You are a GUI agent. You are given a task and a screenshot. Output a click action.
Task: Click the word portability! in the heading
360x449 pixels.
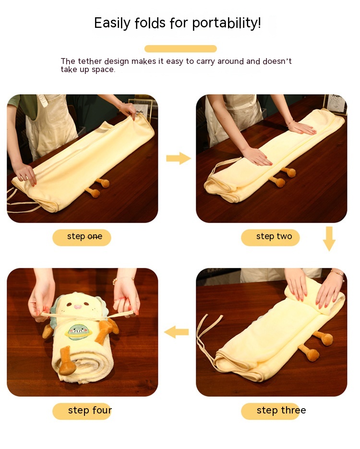pyautogui.click(x=227, y=23)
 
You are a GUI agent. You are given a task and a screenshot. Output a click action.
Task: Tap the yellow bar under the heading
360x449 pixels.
pyautogui.click(x=180, y=49)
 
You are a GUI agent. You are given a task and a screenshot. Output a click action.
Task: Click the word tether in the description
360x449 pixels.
pyautogui.click(x=90, y=61)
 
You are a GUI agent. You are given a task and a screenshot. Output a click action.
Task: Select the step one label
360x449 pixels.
pyautogui.click(x=82, y=237)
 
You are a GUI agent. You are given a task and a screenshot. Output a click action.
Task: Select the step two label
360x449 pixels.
pyautogui.click(x=270, y=237)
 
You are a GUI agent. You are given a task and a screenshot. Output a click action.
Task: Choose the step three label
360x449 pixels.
pyautogui.click(x=273, y=411)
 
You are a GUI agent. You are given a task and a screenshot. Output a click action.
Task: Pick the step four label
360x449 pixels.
pyautogui.click(x=83, y=411)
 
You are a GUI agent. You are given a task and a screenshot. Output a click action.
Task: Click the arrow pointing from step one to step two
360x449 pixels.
pyautogui.click(x=179, y=158)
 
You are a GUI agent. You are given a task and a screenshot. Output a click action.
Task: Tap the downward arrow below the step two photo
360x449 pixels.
pyautogui.click(x=329, y=239)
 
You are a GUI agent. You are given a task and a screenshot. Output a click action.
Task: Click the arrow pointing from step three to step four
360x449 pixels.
pyautogui.click(x=177, y=332)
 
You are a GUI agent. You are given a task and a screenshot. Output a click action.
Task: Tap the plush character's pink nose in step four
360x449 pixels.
pyautogui.click(x=77, y=307)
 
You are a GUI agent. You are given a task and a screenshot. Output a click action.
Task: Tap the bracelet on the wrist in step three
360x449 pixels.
pyautogui.click(x=337, y=274)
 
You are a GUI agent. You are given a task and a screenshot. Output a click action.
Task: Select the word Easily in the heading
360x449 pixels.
pyautogui.click(x=112, y=24)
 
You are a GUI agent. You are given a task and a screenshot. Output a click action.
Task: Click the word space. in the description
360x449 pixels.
pyautogui.click(x=103, y=70)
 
